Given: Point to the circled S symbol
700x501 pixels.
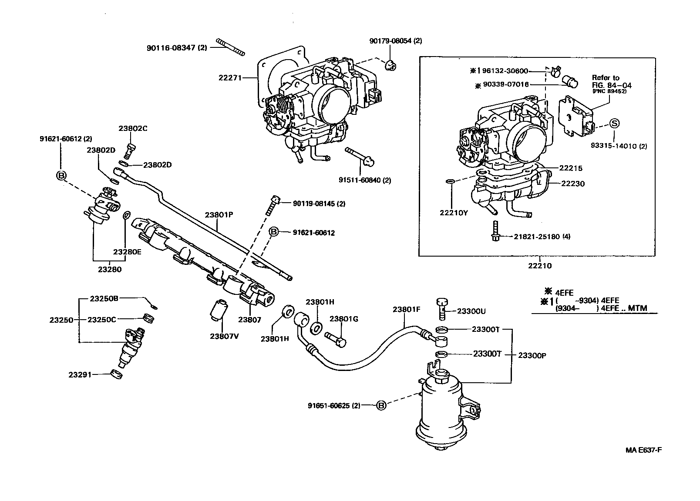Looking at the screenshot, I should click(x=614, y=124).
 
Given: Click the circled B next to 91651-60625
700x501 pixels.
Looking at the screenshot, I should click(x=381, y=405).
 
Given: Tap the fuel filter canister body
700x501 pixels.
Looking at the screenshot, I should click(x=443, y=409).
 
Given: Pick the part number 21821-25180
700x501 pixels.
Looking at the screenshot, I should click(x=537, y=237).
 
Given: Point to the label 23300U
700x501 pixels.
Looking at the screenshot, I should click(x=471, y=311).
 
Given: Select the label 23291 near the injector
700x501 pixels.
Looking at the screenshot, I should click(x=80, y=374).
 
